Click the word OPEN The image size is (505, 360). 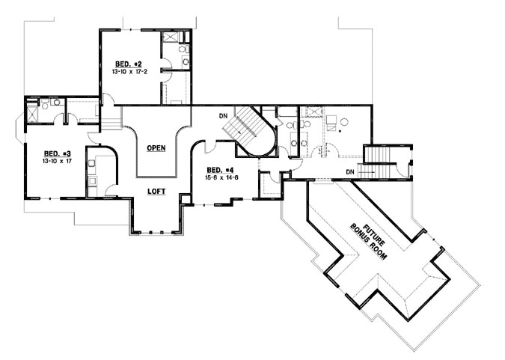tap(156, 147)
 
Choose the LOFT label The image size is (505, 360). tap(156, 192)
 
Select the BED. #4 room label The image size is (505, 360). tap(221, 169)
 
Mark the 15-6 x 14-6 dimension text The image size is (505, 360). tap(221, 177)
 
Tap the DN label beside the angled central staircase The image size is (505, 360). tap(223, 116)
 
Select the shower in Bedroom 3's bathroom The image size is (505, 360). tap(33, 114)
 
